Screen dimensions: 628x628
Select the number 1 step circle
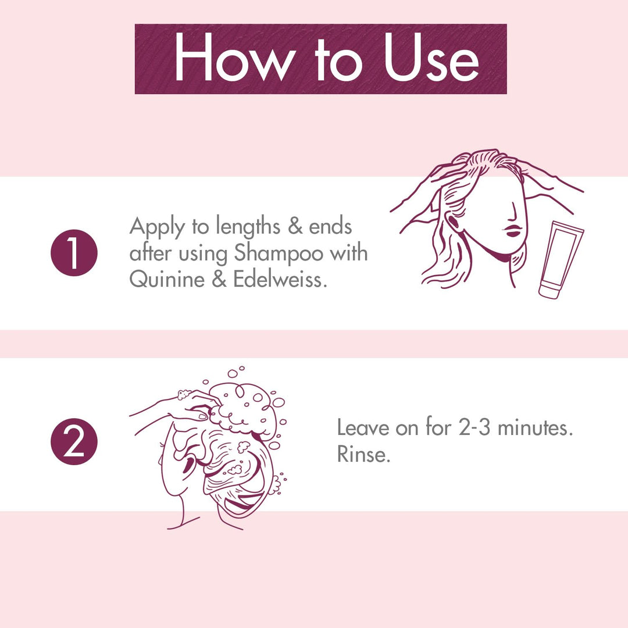tap(74, 253)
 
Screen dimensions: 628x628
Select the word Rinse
tap(363, 455)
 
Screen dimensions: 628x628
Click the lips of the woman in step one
tap(512, 230)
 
